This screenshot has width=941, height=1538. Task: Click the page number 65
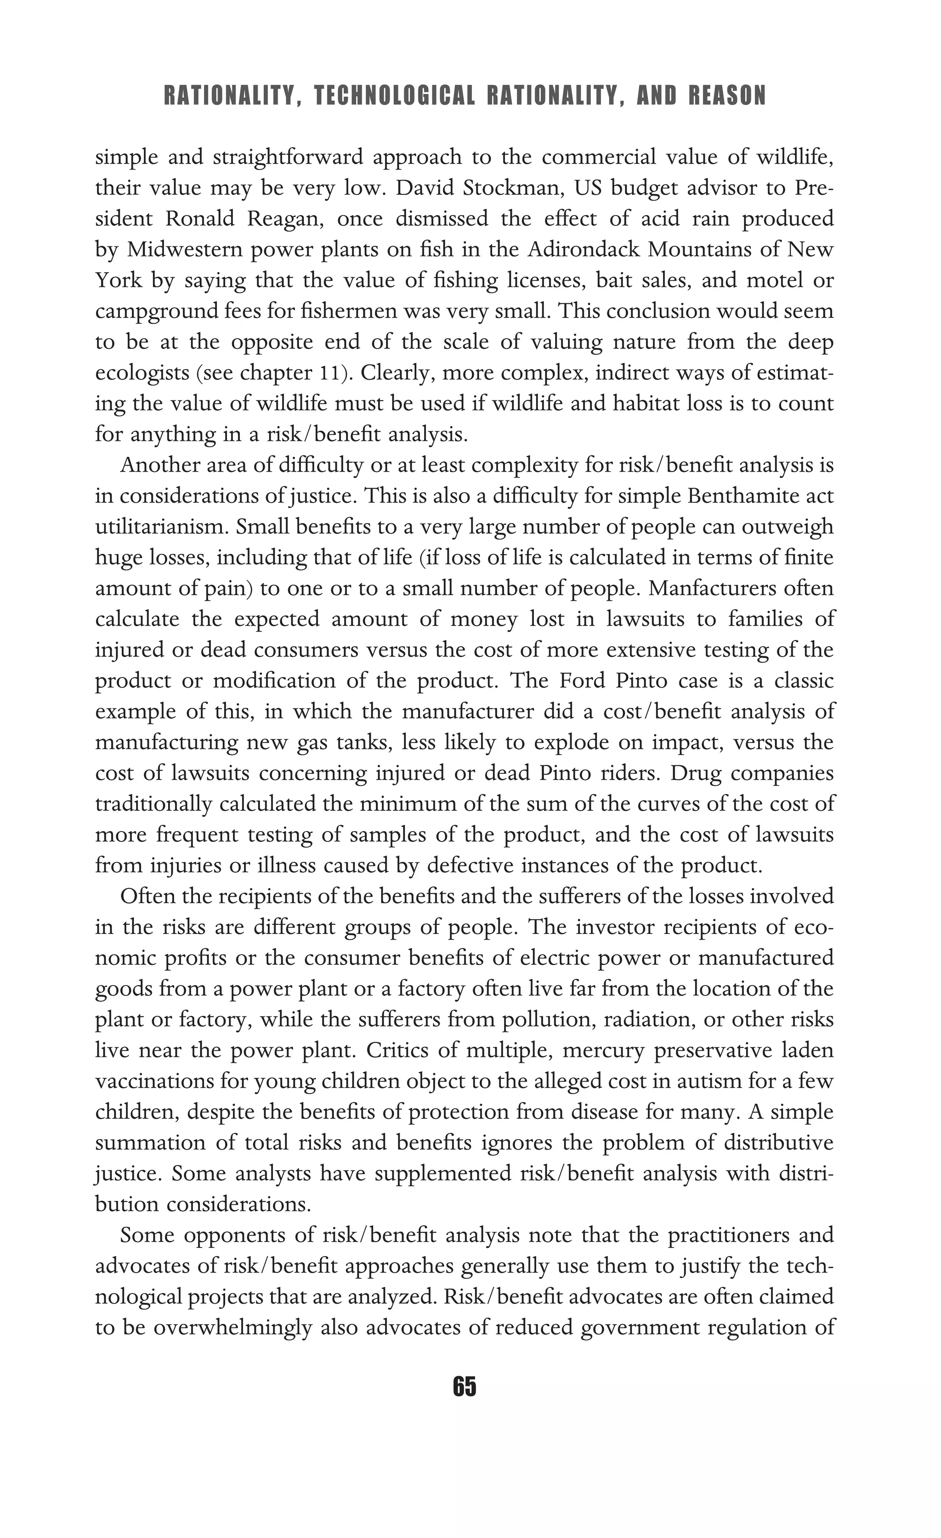465,1386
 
